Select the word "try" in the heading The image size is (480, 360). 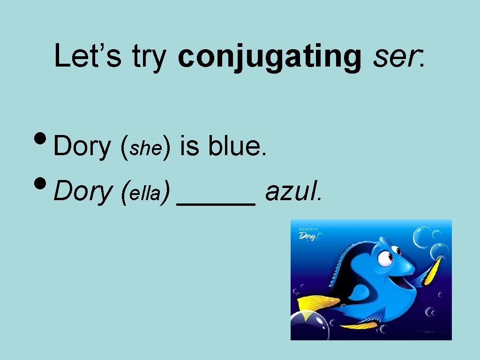[150, 57]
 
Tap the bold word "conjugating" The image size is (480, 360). [270, 57]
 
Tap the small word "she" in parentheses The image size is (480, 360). [145, 149]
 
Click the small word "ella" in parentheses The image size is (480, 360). [145, 193]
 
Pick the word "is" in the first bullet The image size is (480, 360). [189, 146]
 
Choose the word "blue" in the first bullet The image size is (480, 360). [237, 146]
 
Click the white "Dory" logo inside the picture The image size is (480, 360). [308, 236]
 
